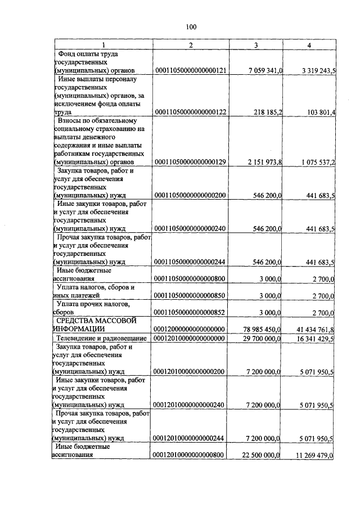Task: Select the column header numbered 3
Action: click(x=256, y=45)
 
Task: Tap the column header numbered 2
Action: click(x=191, y=45)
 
